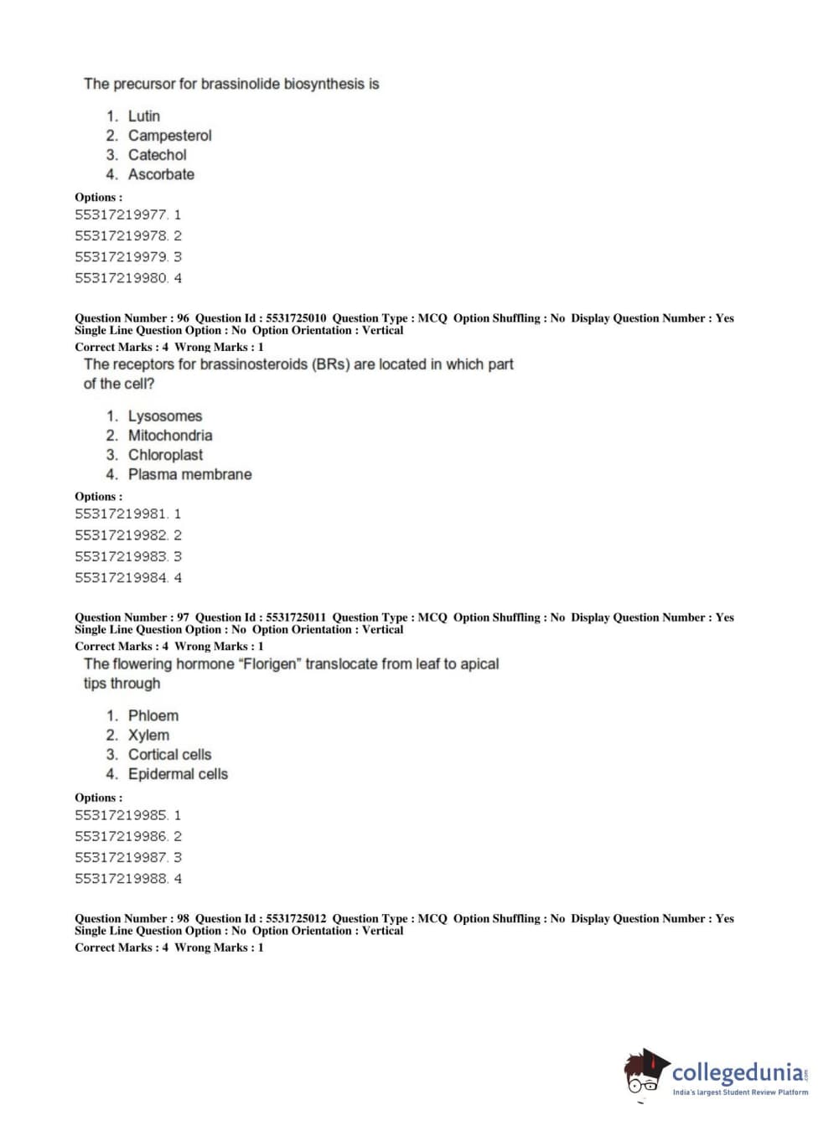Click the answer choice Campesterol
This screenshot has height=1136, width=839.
point(169,136)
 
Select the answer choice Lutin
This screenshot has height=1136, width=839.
point(143,116)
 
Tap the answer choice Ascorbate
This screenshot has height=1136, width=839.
point(161,174)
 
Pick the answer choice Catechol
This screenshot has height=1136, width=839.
point(157,155)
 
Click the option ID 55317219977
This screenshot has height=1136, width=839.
point(122,215)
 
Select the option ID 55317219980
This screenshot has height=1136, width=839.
point(122,278)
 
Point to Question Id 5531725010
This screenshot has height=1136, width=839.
point(296,318)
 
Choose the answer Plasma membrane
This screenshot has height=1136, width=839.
point(189,474)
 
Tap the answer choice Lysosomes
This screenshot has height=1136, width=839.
point(164,416)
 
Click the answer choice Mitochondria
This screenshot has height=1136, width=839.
point(169,436)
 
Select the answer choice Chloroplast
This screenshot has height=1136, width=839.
point(165,455)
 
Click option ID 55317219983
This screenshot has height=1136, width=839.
point(122,557)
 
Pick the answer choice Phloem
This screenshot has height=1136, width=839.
point(153,716)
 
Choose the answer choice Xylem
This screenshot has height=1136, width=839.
point(148,736)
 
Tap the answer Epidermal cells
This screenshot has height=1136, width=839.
point(178,774)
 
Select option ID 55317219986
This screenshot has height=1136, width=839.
point(122,837)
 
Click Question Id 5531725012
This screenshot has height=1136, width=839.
point(296,919)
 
